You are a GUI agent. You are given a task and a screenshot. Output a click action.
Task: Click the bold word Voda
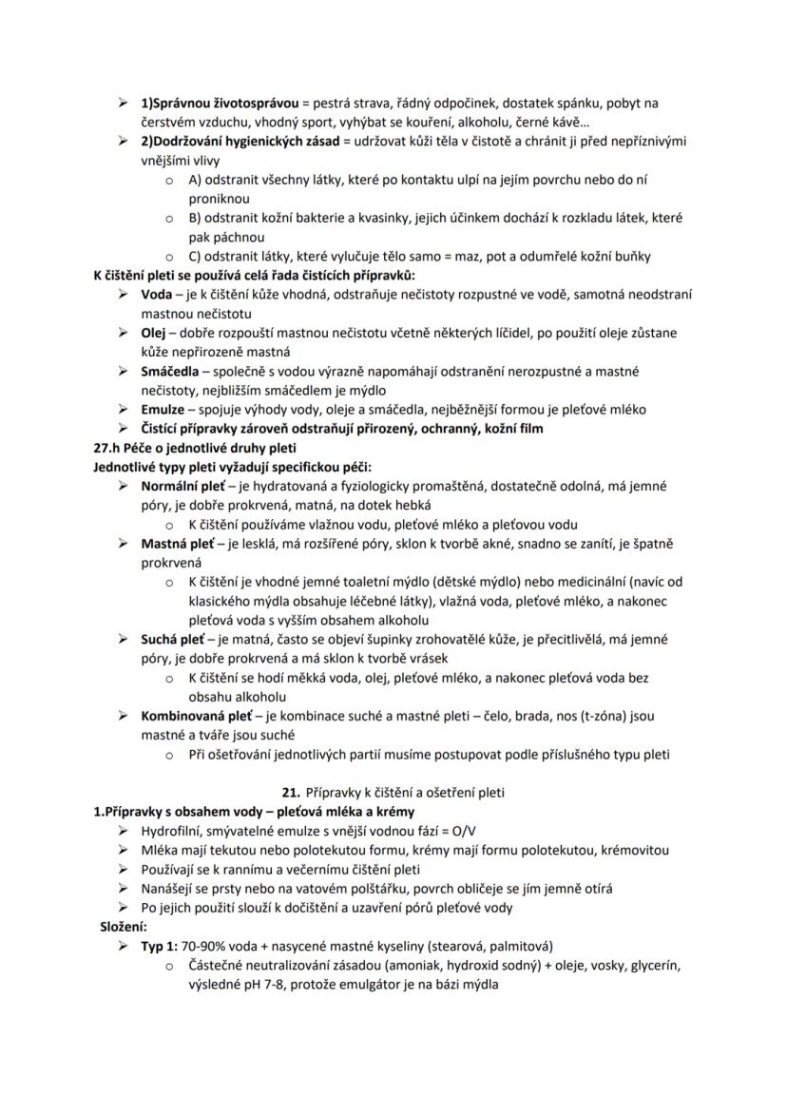click(x=156, y=295)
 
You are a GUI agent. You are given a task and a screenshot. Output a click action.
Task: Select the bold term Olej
click(x=155, y=333)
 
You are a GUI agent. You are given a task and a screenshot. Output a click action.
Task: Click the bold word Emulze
click(x=163, y=410)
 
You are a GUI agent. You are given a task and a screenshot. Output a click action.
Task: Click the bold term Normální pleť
click(x=182, y=486)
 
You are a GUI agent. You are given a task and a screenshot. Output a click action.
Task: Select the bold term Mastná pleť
click(x=176, y=544)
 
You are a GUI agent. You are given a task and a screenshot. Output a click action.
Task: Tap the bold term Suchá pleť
click(x=173, y=640)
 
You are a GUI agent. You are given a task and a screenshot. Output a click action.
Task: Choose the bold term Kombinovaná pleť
click(x=195, y=716)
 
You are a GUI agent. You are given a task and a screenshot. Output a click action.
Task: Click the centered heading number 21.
click(x=292, y=792)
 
